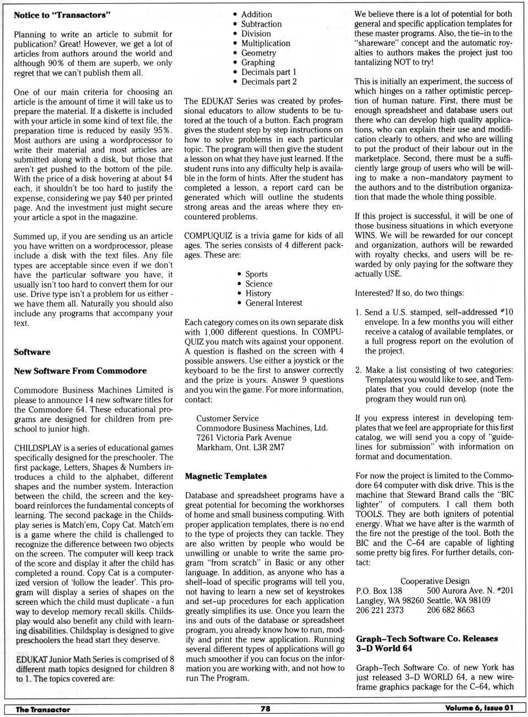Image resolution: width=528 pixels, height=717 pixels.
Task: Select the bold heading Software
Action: (32, 352)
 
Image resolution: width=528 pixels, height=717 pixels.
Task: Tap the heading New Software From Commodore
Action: (80, 371)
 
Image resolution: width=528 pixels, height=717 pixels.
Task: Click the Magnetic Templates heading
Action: (226, 476)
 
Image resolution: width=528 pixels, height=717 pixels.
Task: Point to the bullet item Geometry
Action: (258, 53)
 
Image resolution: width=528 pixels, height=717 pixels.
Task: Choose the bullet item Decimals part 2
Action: (269, 81)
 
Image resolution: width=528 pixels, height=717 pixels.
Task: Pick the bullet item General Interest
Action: (274, 303)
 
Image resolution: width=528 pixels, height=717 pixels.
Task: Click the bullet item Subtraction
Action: (261, 24)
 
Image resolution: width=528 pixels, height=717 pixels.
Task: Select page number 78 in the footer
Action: (265, 709)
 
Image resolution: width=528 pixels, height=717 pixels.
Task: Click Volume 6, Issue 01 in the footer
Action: (479, 708)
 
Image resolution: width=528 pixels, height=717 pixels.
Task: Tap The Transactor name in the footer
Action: (43, 709)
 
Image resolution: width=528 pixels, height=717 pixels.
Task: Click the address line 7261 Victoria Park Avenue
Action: (244, 438)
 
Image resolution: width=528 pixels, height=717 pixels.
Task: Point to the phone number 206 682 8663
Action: (450, 610)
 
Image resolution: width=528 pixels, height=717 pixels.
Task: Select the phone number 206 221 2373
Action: (380, 610)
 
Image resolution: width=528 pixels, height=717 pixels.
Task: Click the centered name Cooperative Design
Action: (435, 581)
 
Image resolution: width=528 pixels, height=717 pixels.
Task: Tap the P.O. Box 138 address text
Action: (379, 591)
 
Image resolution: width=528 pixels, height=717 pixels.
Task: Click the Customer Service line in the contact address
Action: (227, 418)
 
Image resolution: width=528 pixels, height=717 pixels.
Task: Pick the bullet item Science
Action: (259, 284)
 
